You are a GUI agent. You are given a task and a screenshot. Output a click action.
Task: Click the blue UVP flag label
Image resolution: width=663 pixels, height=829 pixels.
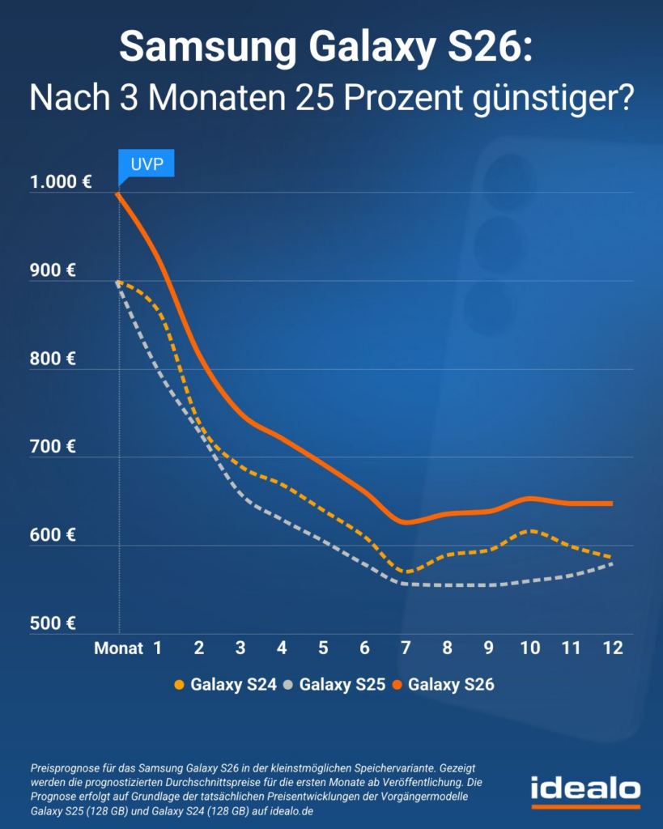pos(147,165)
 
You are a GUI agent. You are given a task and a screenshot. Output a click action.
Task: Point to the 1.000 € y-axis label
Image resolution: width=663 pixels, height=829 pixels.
pos(61,183)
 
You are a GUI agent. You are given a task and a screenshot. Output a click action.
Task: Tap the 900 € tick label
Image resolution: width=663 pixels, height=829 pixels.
pos(54,271)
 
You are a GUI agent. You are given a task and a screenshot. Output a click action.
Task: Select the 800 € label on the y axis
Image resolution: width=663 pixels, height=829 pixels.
pos(54,359)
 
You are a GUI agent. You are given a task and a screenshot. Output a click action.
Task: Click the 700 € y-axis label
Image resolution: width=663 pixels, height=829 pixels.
pos(54,447)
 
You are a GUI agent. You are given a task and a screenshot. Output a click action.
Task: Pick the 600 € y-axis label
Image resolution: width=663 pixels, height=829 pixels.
pos(54,535)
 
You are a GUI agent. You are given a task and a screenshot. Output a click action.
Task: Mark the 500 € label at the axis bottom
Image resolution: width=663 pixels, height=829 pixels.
pos(54,623)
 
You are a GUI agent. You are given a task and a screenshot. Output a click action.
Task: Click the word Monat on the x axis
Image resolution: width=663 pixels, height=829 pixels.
pos(118,648)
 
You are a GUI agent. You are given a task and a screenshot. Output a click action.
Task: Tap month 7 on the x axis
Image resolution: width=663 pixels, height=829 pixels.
pos(406,648)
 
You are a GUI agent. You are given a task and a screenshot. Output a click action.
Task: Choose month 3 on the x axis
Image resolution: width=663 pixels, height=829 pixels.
pos(240,648)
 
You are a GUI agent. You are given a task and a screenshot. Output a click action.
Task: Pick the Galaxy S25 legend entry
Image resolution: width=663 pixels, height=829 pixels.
pos(341,685)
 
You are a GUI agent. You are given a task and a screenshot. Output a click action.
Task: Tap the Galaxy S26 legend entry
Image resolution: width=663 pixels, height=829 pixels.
pos(450,685)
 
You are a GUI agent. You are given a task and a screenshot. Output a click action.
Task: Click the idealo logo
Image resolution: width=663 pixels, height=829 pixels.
pos(585,789)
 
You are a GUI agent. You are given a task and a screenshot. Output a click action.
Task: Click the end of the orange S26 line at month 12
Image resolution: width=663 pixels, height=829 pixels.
pos(611,504)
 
